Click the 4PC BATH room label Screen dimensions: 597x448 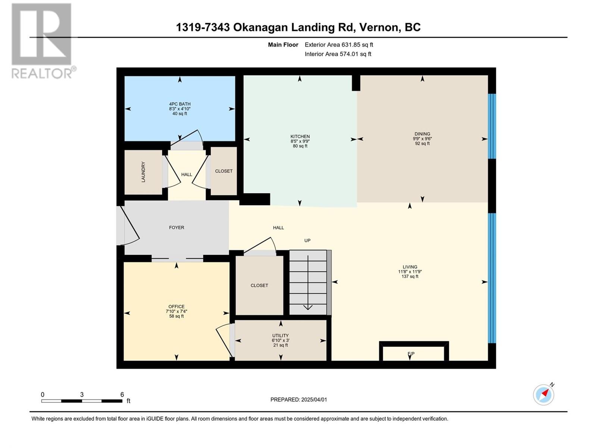click(179, 104)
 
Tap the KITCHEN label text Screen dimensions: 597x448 click(300, 137)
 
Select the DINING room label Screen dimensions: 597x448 click(422, 134)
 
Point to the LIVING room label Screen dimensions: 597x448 click(410, 267)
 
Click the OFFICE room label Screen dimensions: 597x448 click(176, 307)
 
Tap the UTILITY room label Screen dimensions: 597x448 click(281, 336)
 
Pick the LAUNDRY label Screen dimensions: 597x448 click(143, 172)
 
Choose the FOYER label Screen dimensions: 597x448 click(176, 227)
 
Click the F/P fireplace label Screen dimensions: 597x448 click(411, 354)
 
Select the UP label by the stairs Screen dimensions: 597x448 click(307, 240)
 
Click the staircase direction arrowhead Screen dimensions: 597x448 click(308, 307)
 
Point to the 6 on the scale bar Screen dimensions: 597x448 click(122, 394)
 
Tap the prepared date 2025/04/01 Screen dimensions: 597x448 click(314, 399)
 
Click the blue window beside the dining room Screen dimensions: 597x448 click(492, 126)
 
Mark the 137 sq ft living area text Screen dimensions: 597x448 click(410, 276)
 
